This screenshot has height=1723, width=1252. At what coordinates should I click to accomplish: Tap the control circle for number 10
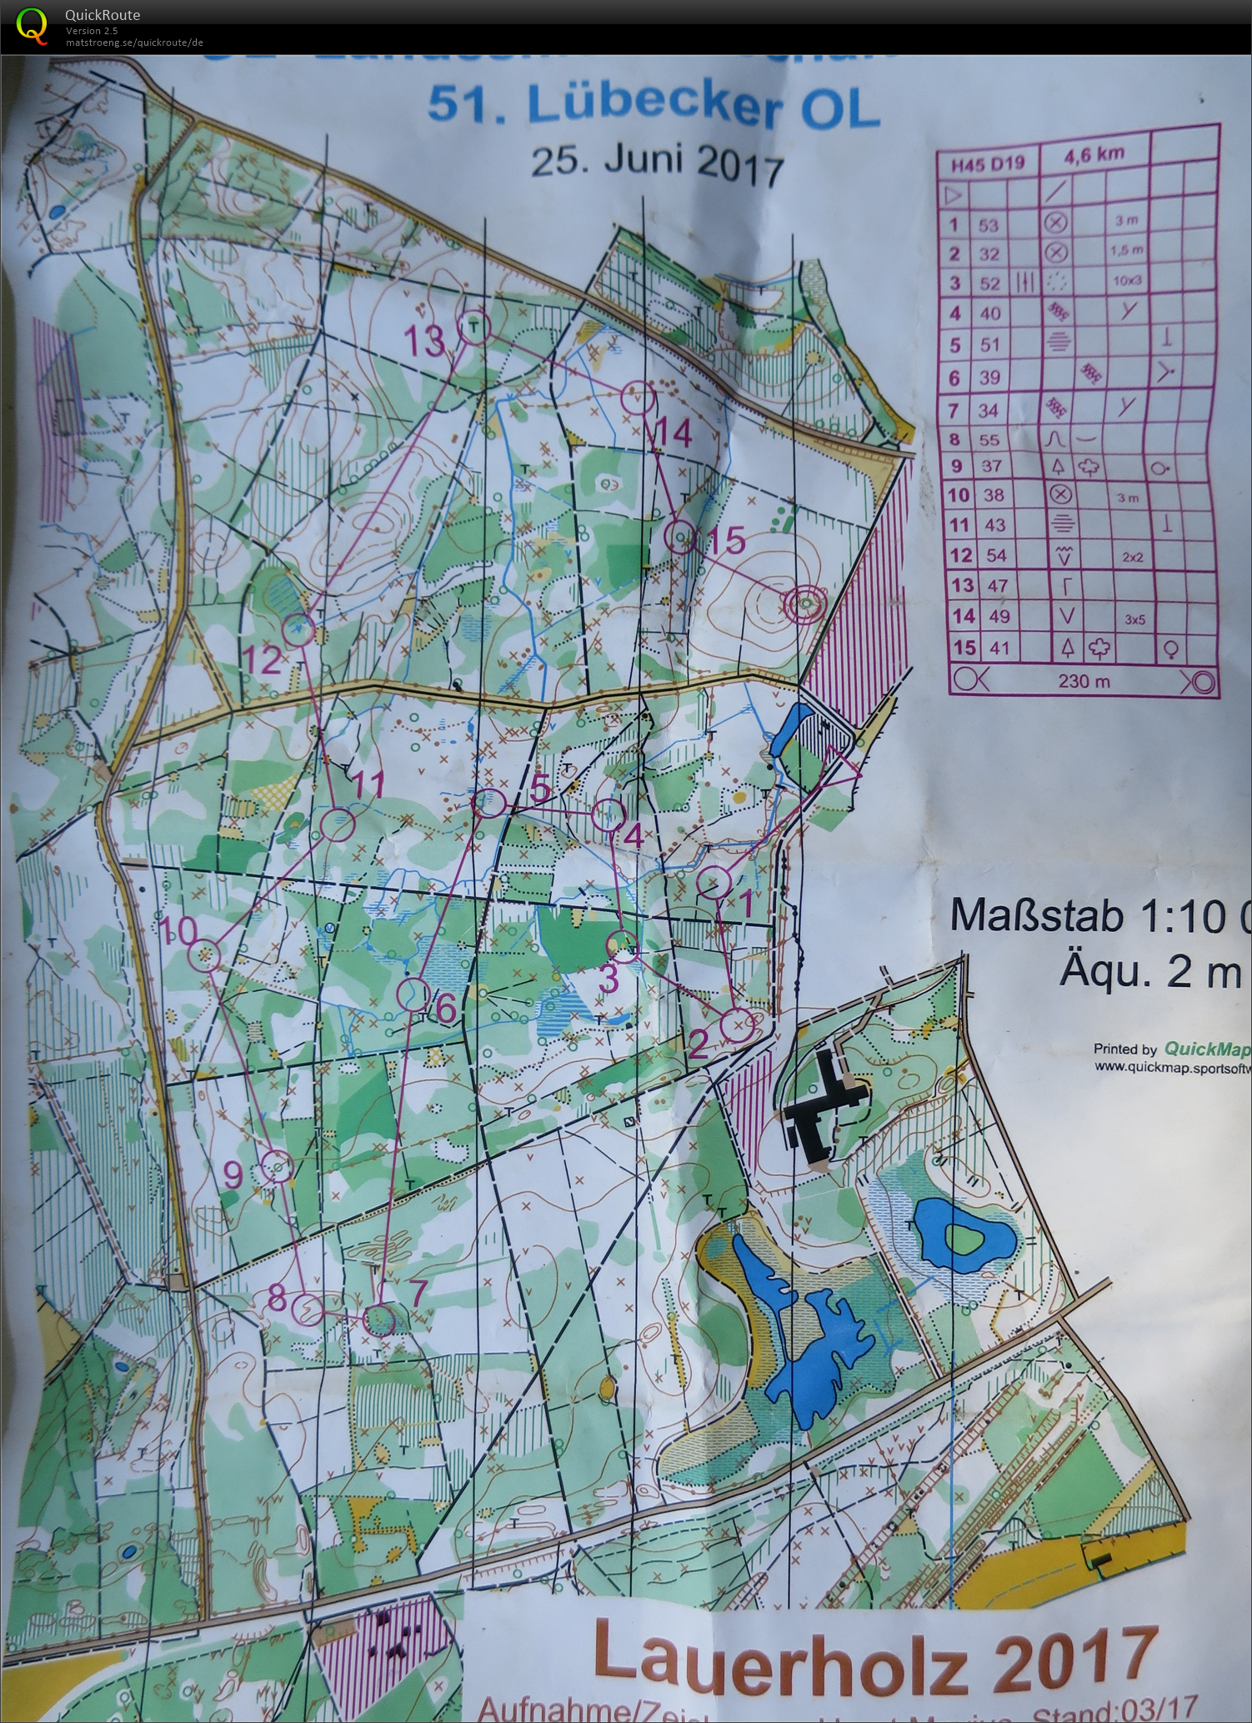pos(204,956)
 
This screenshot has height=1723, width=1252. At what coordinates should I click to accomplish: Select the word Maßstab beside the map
pos(1036,915)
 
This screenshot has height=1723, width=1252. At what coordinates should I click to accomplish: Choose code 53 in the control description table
pos(989,225)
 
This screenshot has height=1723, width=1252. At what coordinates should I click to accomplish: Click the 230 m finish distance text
pos(1084,681)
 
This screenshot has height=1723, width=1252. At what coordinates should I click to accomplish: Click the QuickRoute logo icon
pos(32,25)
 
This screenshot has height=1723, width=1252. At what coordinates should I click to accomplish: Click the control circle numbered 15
pos(681,537)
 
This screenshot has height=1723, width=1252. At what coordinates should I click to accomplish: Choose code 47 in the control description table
pos(996,585)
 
